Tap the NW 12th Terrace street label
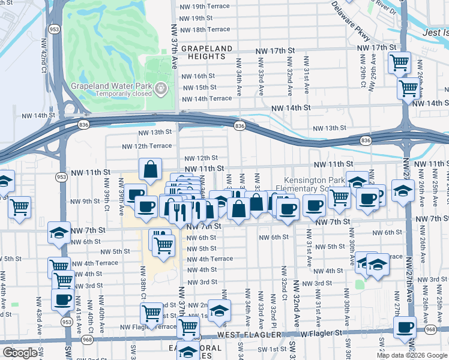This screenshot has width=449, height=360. [147, 146]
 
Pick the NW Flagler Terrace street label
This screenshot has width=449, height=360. [148, 327]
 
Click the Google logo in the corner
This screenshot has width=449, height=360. [20, 353]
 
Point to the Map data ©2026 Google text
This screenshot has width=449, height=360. [412, 355]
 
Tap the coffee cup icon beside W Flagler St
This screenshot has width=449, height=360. [405, 328]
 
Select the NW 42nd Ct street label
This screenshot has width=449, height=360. [43, 52]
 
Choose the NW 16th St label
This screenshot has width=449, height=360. [198, 76]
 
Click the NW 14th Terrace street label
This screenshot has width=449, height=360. [206, 98]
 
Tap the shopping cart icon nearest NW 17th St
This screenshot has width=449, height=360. [399, 62]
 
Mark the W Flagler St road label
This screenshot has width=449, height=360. [320, 333]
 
